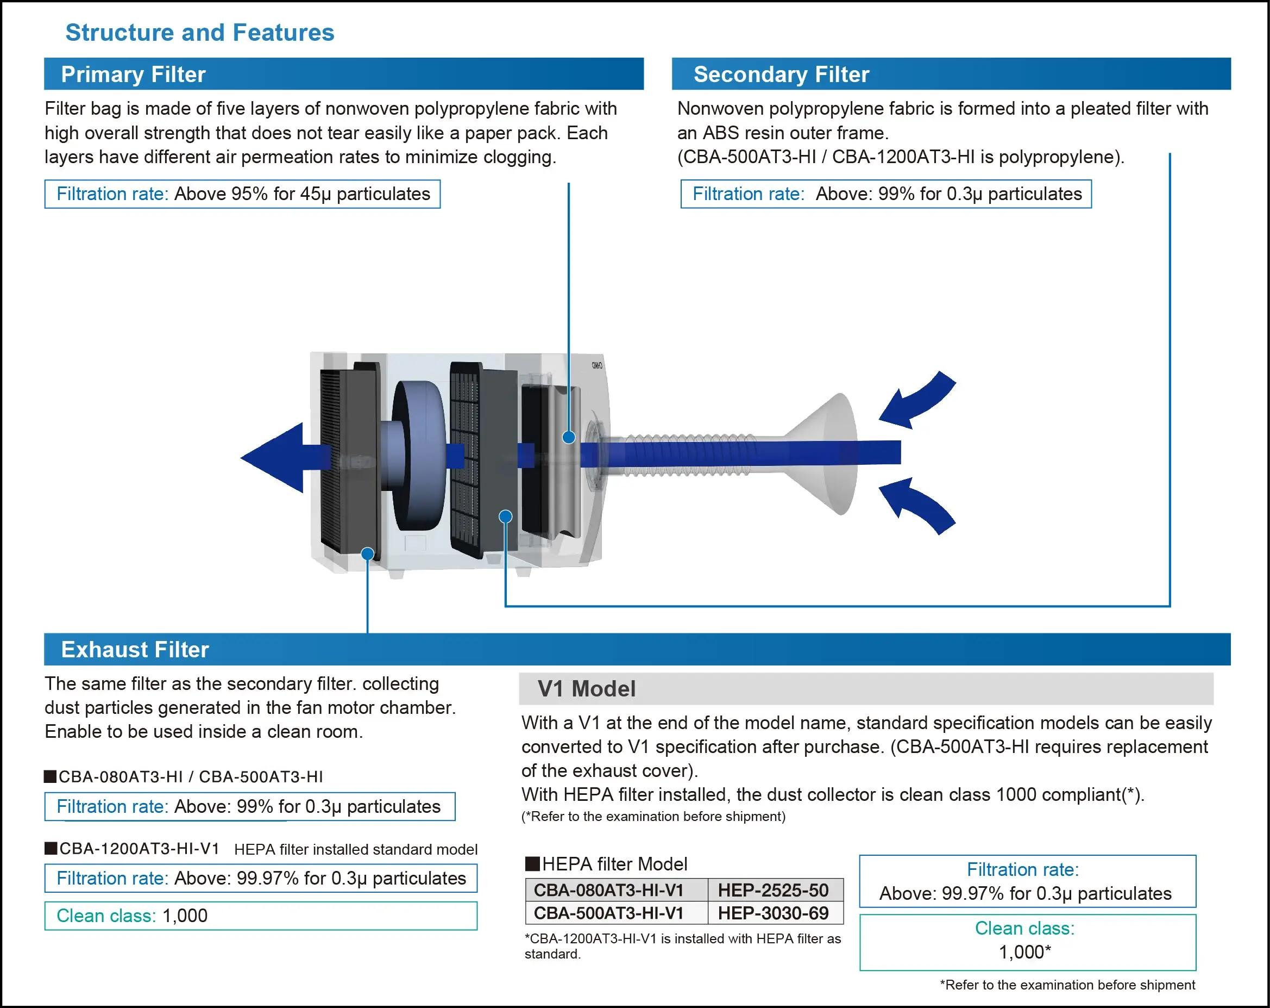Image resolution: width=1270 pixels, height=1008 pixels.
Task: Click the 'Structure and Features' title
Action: pyautogui.click(x=200, y=33)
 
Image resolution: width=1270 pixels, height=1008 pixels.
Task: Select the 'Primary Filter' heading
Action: pyautogui.click(x=133, y=74)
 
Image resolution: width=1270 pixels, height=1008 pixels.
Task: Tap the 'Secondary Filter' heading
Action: pyautogui.click(x=781, y=74)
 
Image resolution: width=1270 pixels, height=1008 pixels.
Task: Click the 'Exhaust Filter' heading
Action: pyautogui.click(x=135, y=649)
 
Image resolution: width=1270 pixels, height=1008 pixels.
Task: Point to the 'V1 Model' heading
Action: pyautogui.click(x=586, y=688)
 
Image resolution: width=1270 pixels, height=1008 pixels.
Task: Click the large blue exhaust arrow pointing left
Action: pyautogui.click(x=277, y=457)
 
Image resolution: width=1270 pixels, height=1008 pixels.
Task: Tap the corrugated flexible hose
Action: pyautogui.click(x=689, y=454)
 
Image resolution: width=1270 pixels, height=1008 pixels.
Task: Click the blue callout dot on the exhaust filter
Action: pyautogui.click(x=368, y=553)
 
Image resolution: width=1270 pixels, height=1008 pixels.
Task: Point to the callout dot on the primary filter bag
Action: pyautogui.click(x=568, y=437)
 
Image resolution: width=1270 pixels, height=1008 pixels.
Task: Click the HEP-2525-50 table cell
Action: pyautogui.click(x=773, y=889)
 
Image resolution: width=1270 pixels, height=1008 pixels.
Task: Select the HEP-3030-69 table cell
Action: pyautogui.click(x=773, y=912)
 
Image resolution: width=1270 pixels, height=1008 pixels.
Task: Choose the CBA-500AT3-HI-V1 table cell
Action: pyautogui.click(x=608, y=912)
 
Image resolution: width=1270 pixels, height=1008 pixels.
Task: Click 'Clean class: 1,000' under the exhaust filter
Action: pyautogui.click(x=132, y=916)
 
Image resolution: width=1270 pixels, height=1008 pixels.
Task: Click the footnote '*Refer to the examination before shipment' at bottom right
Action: pyautogui.click(x=1067, y=985)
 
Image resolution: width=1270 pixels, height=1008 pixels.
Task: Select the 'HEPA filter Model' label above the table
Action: pyautogui.click(x=614, y=863)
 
